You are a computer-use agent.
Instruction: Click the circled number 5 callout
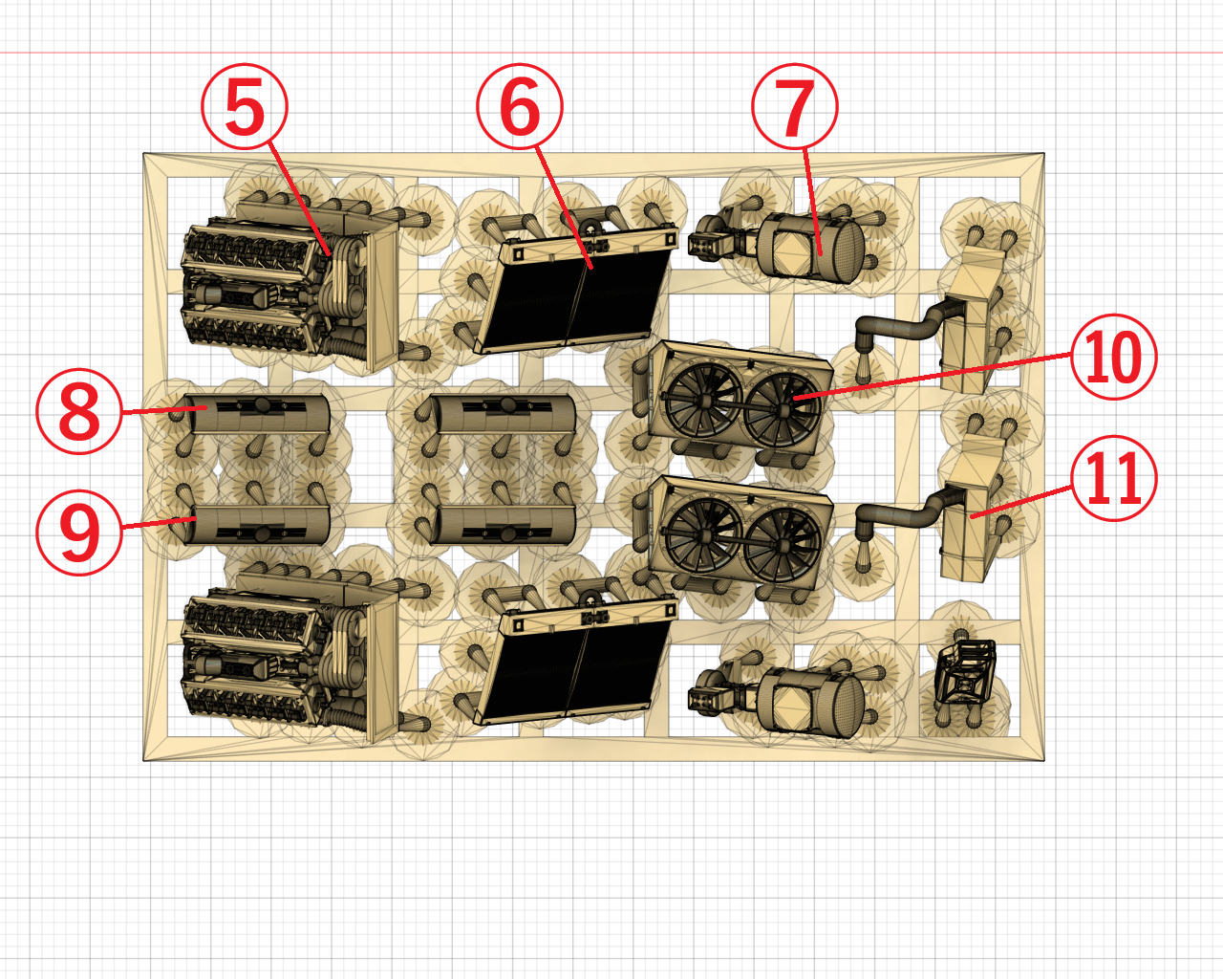point(245,106)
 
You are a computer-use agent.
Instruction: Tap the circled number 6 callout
point(520,106)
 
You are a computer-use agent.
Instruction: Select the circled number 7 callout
point(795,106)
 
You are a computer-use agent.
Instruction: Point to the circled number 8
point(79,411)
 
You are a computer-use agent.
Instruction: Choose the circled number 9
point(79,533)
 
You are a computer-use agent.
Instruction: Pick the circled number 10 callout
point(1113,357)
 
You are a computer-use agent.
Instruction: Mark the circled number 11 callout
point(1113,478)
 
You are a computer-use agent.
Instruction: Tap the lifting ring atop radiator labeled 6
point(591,231)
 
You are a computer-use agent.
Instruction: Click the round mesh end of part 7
point(847,250)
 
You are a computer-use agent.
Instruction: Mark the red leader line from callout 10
point(933,376)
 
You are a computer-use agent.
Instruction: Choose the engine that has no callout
point(290,660)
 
